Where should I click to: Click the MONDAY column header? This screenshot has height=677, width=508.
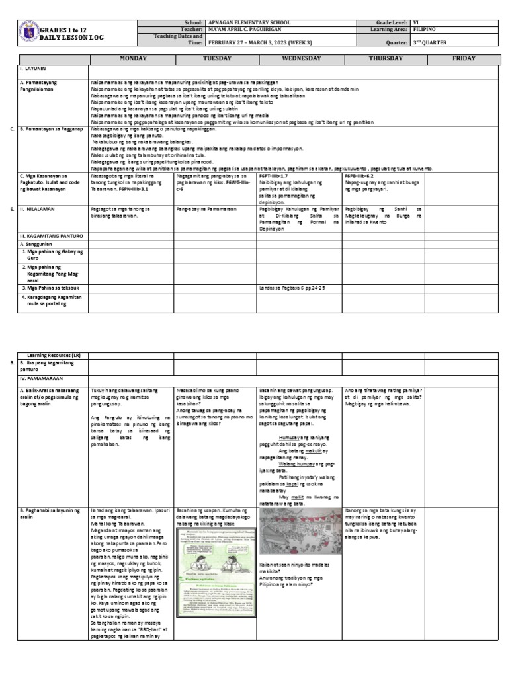point(132,58)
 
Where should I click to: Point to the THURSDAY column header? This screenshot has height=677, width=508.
point(384,58)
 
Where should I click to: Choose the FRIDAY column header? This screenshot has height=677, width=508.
point(463,58)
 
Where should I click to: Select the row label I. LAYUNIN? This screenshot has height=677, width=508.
point(33,69)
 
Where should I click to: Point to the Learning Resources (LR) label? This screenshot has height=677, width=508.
point(54,355)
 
